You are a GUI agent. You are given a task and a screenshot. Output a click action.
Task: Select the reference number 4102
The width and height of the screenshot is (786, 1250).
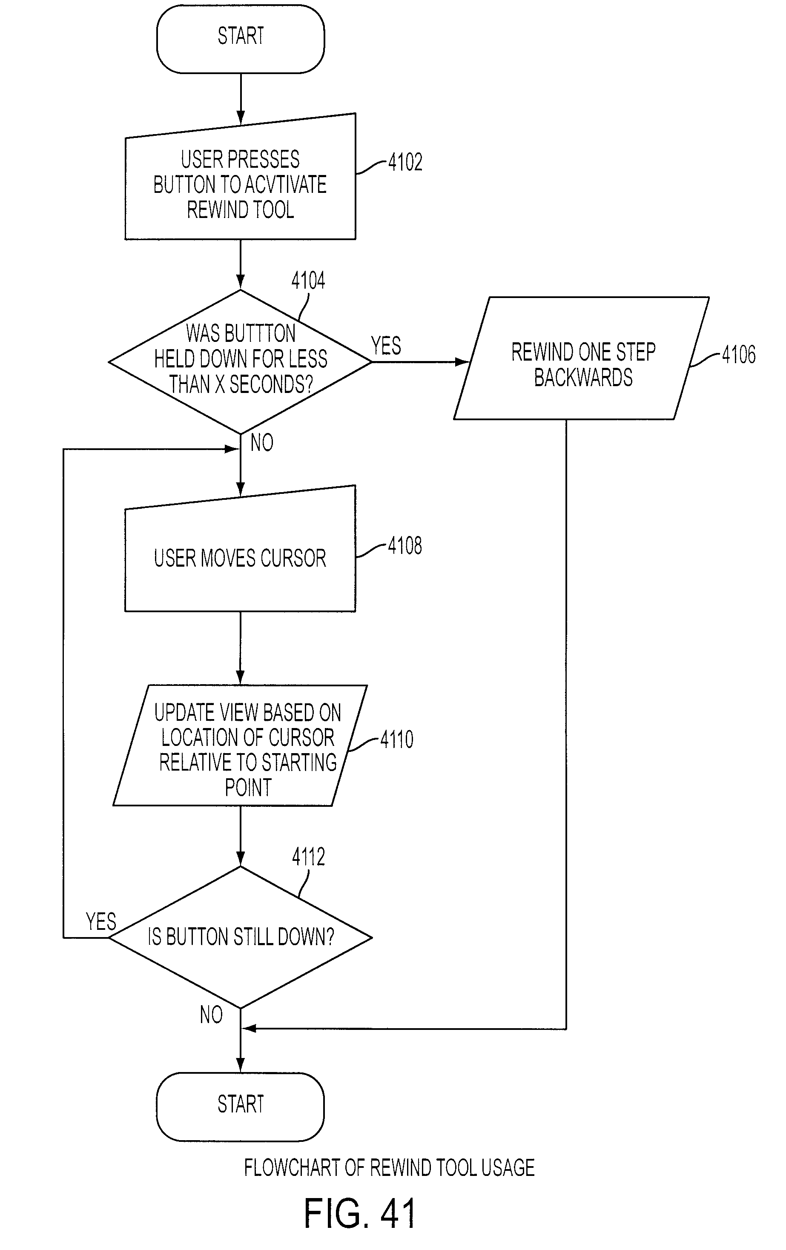click(405, 162)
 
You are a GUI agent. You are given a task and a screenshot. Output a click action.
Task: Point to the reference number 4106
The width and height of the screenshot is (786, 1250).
click(739, 355)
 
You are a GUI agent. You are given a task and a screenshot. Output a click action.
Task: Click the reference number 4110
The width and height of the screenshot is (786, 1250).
click(397, 739)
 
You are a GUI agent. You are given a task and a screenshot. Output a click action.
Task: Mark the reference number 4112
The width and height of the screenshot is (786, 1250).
click(308, 857)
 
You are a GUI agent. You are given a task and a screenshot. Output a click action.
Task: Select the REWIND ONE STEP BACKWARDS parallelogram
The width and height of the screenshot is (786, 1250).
click(582, 358)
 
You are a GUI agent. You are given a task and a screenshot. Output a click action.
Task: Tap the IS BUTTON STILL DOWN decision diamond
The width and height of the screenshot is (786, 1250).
click(241, 937)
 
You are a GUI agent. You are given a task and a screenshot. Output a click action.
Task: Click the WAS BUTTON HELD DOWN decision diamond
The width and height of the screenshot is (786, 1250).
click(241, 362)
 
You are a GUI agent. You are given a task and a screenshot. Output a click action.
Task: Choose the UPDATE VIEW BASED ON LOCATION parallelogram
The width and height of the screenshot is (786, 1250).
click(241, 745)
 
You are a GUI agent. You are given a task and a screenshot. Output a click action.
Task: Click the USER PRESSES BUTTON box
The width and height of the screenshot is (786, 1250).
click(241, 177)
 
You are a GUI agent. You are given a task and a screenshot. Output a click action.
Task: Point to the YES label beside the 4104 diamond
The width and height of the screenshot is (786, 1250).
click(386, 346)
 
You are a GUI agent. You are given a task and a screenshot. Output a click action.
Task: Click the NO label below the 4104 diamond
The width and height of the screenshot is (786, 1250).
click(262, 443)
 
